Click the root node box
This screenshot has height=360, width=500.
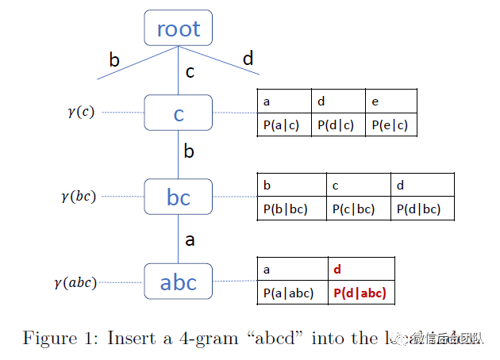point(179,29)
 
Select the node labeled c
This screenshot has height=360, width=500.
point(179,113)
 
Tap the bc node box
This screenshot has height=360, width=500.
point(179,197)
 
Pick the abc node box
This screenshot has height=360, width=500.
point(179,281)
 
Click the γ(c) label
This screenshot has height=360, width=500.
point(81,112)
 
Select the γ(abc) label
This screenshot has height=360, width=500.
point(75,281)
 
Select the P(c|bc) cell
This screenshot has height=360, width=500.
point(358,209)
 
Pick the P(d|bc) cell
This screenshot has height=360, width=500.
point(422,209)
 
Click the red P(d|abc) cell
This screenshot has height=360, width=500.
point(361,293)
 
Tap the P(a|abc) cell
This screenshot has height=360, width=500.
point(292,293)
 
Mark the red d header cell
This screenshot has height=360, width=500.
point(361,270)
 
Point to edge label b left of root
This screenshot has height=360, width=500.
point(114,60)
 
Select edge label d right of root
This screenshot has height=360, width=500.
point(248,59)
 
